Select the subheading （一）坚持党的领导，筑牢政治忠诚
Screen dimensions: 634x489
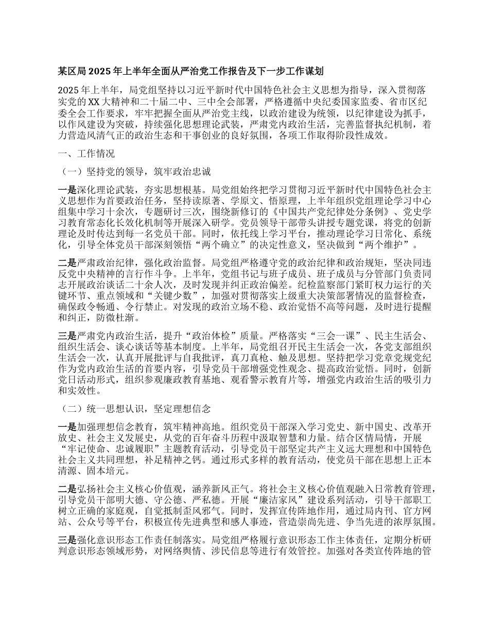[x=136, y=171]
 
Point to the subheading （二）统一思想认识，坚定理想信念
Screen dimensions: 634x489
[x=136, y=409]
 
